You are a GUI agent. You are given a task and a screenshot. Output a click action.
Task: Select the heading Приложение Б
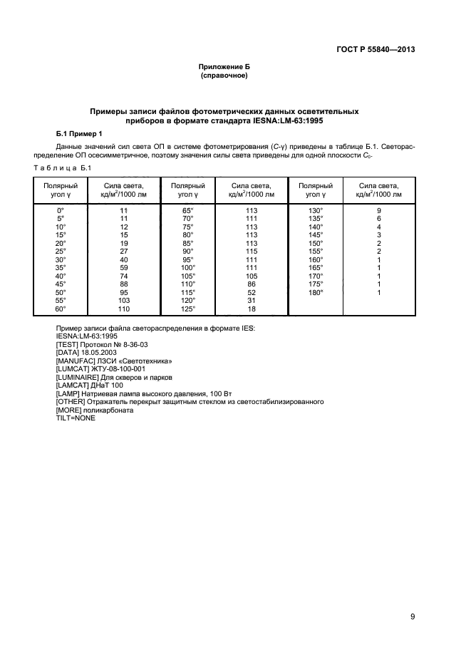(x=224, y=66)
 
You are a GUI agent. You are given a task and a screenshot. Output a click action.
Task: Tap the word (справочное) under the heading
(x=224, y=75)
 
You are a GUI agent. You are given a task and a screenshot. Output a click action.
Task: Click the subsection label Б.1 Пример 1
(x=80, y=134)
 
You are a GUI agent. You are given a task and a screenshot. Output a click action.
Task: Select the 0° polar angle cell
(x=61, y=210)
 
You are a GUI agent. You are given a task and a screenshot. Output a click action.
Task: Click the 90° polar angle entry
(x=187, y=251)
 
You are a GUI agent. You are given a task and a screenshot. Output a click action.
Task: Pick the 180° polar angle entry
(x=315, y=292)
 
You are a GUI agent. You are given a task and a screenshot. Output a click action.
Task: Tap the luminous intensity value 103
(x=124, y=300)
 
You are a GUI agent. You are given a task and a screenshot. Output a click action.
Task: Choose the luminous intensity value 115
(x=251, y=251)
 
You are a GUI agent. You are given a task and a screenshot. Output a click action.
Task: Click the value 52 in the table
(x=251, y=292)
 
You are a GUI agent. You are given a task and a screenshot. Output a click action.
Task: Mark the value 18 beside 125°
(x=251, y=309)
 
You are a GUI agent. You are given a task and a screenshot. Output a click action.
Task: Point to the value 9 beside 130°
(x=379, y=210)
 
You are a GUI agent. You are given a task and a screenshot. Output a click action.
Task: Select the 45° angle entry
(x=61, y=284)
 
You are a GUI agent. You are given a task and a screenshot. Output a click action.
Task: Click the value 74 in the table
(x=124, y=276)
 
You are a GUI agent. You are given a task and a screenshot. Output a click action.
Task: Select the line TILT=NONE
(x=76, y=418)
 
